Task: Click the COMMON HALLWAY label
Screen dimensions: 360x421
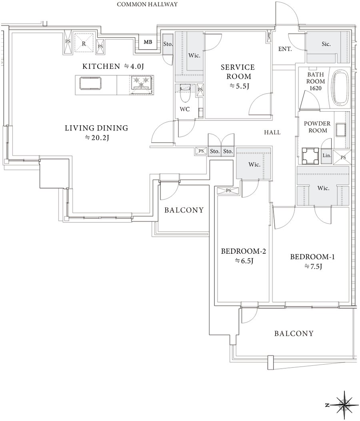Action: click(147, 4)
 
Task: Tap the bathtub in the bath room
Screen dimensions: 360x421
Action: click(340, 88)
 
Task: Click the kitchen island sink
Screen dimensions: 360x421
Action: click(90, 83)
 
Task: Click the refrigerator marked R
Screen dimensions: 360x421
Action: click(84, 44)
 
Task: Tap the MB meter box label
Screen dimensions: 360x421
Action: click(148, 42)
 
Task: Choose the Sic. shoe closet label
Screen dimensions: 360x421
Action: click(326, 44)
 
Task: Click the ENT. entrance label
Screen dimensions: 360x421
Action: click(285, 49)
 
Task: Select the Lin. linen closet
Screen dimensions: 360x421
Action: click(327, 156)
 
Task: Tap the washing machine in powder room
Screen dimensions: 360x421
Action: click(310, 156)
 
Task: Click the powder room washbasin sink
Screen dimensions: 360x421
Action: click(341, 130)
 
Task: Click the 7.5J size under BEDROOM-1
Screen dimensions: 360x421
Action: click(313, 267)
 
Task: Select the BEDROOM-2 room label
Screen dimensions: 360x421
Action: click(243, 251)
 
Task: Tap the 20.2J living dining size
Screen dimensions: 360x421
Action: click(97, 138)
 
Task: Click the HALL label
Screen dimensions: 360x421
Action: click(272, 132)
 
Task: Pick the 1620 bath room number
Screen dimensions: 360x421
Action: click(315, 88)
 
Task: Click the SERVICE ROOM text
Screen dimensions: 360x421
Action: click(238, 72)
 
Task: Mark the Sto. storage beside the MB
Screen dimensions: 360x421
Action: click(168, 44)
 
